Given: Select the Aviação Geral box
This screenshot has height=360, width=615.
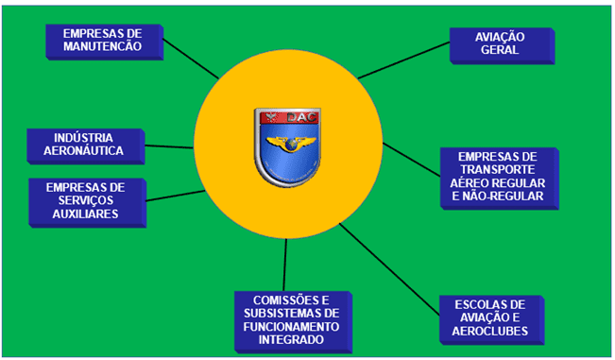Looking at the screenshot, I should pyautogui.click(x=500, y=43).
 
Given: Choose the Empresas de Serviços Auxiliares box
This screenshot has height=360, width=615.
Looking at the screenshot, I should pyautogui.click(x=85, y=200).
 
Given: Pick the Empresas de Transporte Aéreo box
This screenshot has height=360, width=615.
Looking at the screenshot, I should pyautogui.click(x=498, y=177).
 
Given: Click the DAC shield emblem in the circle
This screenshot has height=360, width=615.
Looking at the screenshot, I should pyautogui.click(x=287, y=146).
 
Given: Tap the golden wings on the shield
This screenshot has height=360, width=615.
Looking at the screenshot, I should pyautogui.click(x=287, y=145).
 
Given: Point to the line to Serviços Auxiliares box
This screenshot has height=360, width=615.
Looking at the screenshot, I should pyautogui.click(x=176, y=197).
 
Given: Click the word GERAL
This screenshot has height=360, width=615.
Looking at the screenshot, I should pyautogui.click(x=500, y=50).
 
